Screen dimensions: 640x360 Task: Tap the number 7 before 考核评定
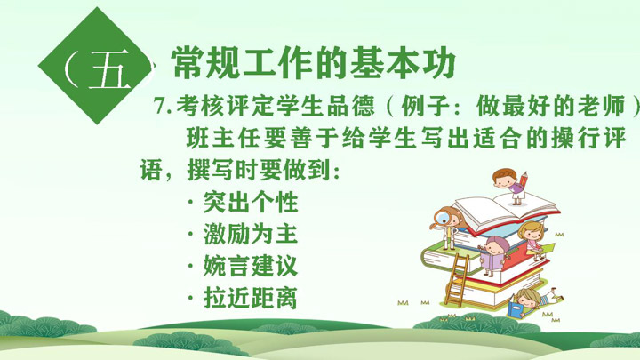[x=160, y=107]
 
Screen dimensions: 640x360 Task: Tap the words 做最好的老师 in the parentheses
[x=551, y=106]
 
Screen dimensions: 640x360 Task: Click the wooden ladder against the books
[x=457, y=280]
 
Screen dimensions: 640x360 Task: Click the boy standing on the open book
[x=510, y=186]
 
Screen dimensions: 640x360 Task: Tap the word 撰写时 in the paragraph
[x=223, y=170]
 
